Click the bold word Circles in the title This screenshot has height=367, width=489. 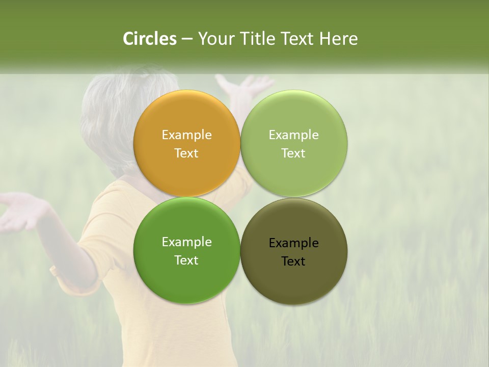pos(149,39)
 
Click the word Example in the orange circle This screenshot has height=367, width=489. pos(186,135)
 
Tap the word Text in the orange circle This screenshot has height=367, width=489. pos(186,153)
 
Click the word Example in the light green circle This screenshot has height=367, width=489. pos(293,135)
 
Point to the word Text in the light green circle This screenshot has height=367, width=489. pos(293,153)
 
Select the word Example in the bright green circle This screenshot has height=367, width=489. pos(186,242)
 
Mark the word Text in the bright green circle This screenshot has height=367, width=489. pos(186,260)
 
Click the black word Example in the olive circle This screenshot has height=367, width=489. pos(293,243)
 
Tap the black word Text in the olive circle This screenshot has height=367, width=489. pos(293,261)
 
